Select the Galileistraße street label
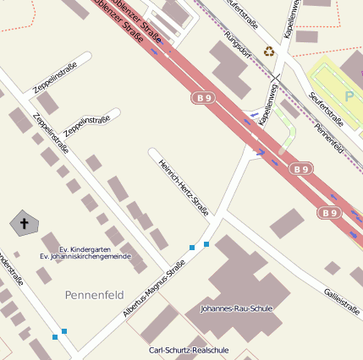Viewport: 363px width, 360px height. [341, 300]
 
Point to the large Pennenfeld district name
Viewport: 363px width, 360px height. [95, 295]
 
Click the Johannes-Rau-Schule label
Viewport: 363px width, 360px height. [236, 309]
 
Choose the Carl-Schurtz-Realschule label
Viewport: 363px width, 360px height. [189, 350]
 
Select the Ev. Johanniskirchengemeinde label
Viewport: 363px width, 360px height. [85, 256]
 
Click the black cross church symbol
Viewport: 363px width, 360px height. [25, 224]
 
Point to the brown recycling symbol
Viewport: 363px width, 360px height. [269, 52]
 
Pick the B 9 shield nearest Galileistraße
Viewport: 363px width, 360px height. [329, 213]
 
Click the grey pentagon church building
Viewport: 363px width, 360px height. [25, 224]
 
